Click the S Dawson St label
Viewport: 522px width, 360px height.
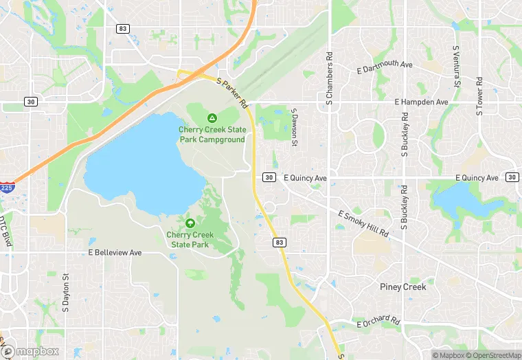[x=294, y=127]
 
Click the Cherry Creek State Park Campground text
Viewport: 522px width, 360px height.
[x=212, y=134]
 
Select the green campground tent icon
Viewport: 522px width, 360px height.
[x=212, y=118]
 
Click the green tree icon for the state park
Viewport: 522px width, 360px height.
[x=190, y=223]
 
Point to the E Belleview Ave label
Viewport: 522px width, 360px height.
[x=115, y=253]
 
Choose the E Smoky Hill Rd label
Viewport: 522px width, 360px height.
[x=363, y=224]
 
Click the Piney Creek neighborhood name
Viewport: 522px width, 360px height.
[x=402, y=286]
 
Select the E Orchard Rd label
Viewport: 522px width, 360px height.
[x=378, y=322]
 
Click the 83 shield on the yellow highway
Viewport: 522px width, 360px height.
[x=279, y=243]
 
